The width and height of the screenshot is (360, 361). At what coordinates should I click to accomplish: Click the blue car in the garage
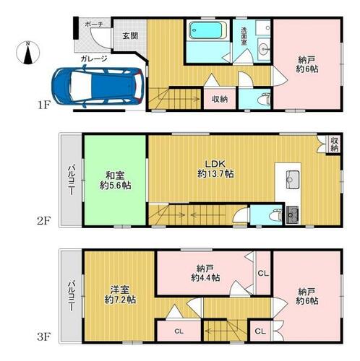[98, 86]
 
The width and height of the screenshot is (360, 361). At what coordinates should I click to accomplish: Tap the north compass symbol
[28, 53]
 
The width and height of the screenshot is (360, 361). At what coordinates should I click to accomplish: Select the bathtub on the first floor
[208, 30]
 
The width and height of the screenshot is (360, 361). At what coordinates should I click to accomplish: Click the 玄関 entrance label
[130, 36]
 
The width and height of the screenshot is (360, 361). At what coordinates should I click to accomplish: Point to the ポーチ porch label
[94, 24]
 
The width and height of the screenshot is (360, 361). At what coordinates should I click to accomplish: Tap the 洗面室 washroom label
[244, 36]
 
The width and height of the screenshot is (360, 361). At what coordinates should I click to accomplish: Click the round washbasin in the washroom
[265, 50]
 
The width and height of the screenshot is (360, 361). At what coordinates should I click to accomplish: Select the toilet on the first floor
[264, 100]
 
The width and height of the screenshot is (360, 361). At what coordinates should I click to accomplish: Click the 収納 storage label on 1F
[220, 99]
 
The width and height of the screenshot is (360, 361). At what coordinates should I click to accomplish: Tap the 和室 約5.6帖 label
[116, 180]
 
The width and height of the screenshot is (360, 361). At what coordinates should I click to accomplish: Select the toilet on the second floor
[276, 215]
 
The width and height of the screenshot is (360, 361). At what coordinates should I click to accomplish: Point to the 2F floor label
[43, 221]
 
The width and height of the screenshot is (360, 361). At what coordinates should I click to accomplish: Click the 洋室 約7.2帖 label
[120, 295]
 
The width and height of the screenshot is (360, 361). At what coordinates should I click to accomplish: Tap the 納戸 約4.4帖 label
[205, 273]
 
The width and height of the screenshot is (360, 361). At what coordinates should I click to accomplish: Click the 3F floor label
[43, 337]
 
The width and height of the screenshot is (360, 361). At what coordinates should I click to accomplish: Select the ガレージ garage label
[94, 58]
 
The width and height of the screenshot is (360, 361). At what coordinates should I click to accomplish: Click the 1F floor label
[43, 105]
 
